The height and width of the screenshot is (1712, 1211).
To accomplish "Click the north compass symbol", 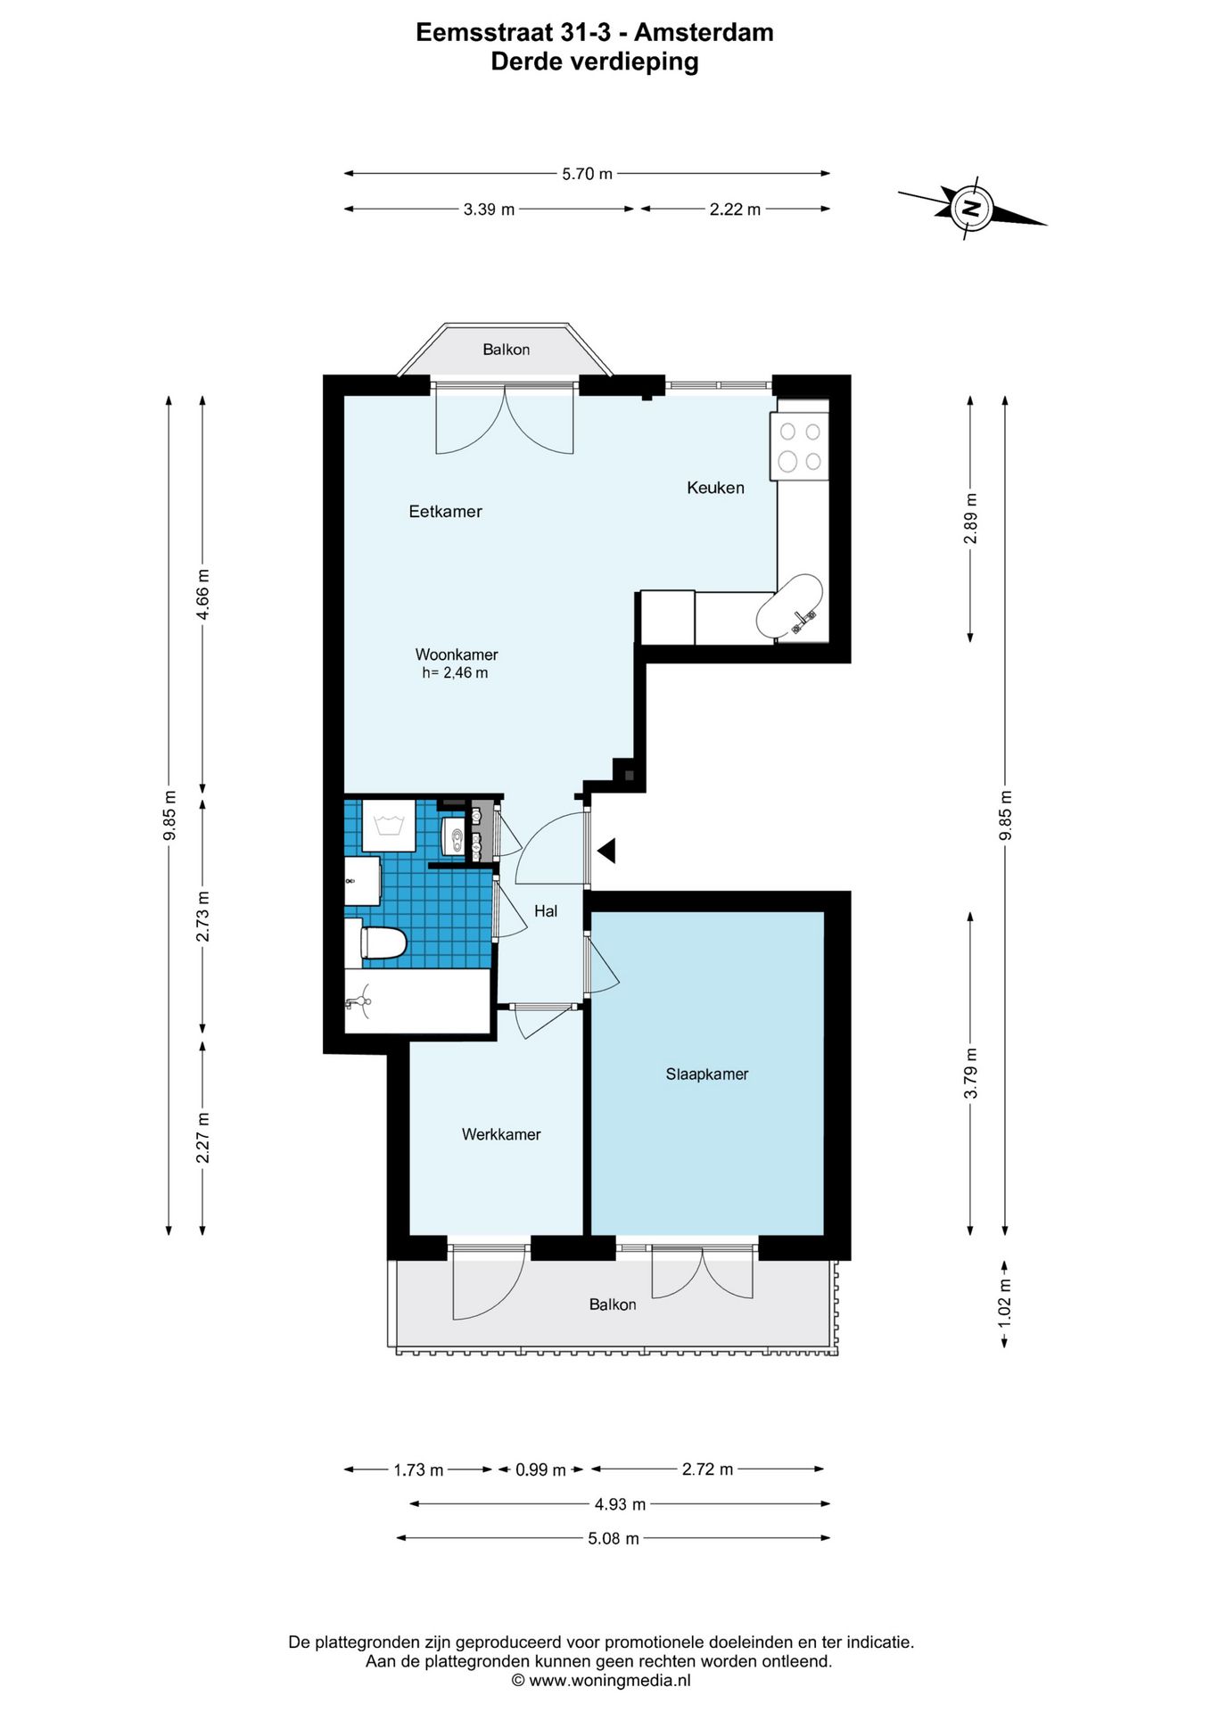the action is click(x=971, y=210).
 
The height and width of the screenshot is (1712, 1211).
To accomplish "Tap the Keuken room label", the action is click(x=715, y=488).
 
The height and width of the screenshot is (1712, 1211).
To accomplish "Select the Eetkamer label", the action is click(x=445, y=512).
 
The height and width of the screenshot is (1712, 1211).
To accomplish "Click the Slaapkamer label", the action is click(x=707, y=1074).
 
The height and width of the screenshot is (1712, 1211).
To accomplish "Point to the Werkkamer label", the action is click(x=501, y=1134).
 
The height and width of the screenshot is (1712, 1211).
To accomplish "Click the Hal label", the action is click(x=546, y=910).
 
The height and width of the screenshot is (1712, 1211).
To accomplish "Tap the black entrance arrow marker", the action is click(x=607, y=851).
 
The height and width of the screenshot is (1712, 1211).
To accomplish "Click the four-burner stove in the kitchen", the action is click(x=800, y=446).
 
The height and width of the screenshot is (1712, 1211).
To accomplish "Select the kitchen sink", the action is click(x=789, y=606).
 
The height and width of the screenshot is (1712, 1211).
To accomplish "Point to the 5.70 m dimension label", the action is click(x=587, y=174).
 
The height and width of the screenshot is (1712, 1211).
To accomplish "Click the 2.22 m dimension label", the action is click(x=735, y=210).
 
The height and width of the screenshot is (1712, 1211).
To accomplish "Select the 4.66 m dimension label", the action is click(x=203, y=595).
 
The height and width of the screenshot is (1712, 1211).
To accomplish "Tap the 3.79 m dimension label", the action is click(x=971, y=1074).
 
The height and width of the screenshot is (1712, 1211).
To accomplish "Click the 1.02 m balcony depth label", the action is click(x=1005, y=1302).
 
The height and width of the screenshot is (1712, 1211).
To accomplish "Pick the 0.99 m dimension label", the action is click(x=540, y=1469).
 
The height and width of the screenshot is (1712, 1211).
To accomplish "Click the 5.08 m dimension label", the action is click(x=614, y=1538).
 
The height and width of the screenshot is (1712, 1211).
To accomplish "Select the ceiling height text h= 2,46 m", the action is click(x=455, y=673).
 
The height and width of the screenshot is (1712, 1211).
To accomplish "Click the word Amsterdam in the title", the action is click(x=704, y=33).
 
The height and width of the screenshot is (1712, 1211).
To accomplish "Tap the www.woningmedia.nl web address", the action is click(x=610, y=1681).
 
